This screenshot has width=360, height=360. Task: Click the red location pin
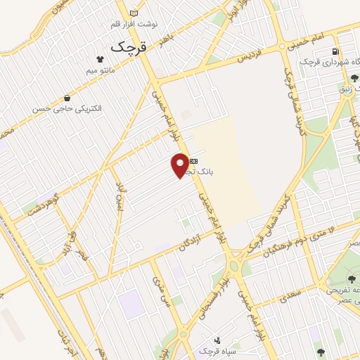pyautogui.click(x=181, y=164)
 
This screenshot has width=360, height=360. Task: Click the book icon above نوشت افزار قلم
pyautogui.click(x=134, y=13)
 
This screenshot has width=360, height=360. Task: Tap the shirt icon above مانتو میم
pyautogui.click(x=102, y=61)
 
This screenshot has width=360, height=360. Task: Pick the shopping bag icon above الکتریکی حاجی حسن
pyautogui.click(x=67, y=98)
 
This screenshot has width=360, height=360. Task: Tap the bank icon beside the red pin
pyautogui.click(x=194, y=162)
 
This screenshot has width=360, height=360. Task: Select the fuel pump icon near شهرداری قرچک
pyautogui.click(x=335, y=52)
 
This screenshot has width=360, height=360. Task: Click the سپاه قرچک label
pyautogui.click(x=206, y=350)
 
